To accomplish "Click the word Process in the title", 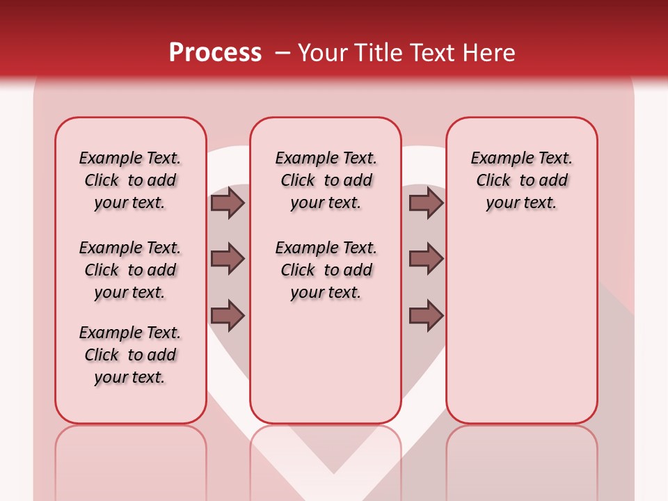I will click(x=215, y=53).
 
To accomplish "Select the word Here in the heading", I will click(x=488, y=53).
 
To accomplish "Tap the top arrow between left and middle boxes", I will click(x=228, y=202).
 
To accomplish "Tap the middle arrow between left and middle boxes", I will click(x=228, y=259).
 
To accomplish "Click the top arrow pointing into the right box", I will click(x=426, y=202).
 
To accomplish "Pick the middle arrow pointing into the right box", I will click(x=426, y=259).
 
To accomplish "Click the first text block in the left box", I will click(x=130, y=180).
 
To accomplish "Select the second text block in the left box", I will click(x=130, y=270).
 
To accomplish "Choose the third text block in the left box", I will click(x=130, y=355).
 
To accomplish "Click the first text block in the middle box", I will click(x=326, y=180).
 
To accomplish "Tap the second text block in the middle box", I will click(x=326, y=270).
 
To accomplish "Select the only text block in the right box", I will click(x=522, y=180).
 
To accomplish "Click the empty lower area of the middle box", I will click(x=326, y=362).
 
